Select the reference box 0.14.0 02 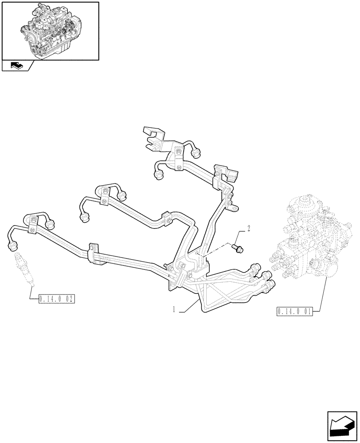click(56, 299)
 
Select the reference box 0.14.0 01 click(294, 311)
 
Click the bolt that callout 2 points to click(238, 249)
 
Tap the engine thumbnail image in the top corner click(50, 31)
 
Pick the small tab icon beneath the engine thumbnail click(17, 66)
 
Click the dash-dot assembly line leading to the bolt click(217, 251)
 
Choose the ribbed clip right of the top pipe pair click(222, 172)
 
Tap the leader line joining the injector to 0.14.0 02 click(31, 290)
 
